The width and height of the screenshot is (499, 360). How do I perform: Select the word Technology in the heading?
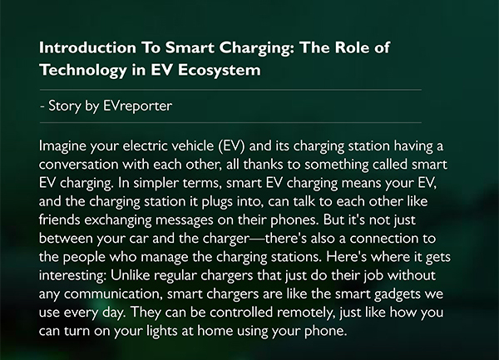coord(83,71)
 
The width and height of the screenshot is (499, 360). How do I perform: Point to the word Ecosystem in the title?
coord(220,71)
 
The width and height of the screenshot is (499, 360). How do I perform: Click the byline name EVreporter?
coord(138,106)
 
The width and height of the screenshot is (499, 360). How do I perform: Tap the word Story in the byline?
coord(64,106)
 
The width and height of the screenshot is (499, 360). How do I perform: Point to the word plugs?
coord(217,202)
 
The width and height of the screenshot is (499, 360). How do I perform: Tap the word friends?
coord(60,219)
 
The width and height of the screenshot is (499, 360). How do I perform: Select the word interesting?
coord(73,275)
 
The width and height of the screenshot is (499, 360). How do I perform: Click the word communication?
coord(114,294)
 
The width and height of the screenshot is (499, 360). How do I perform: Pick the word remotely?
coord(306,313)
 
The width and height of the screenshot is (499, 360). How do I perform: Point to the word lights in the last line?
coord(162,331)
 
